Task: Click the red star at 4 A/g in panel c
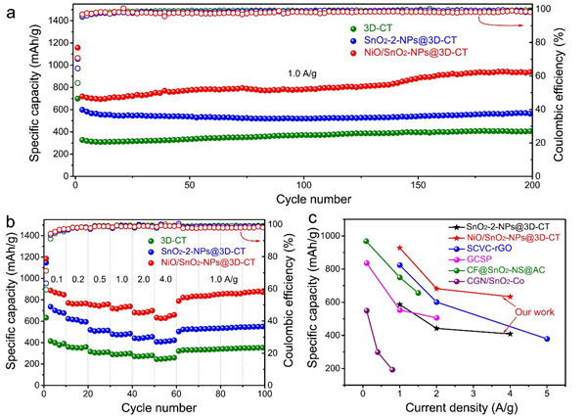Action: (510, 297)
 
